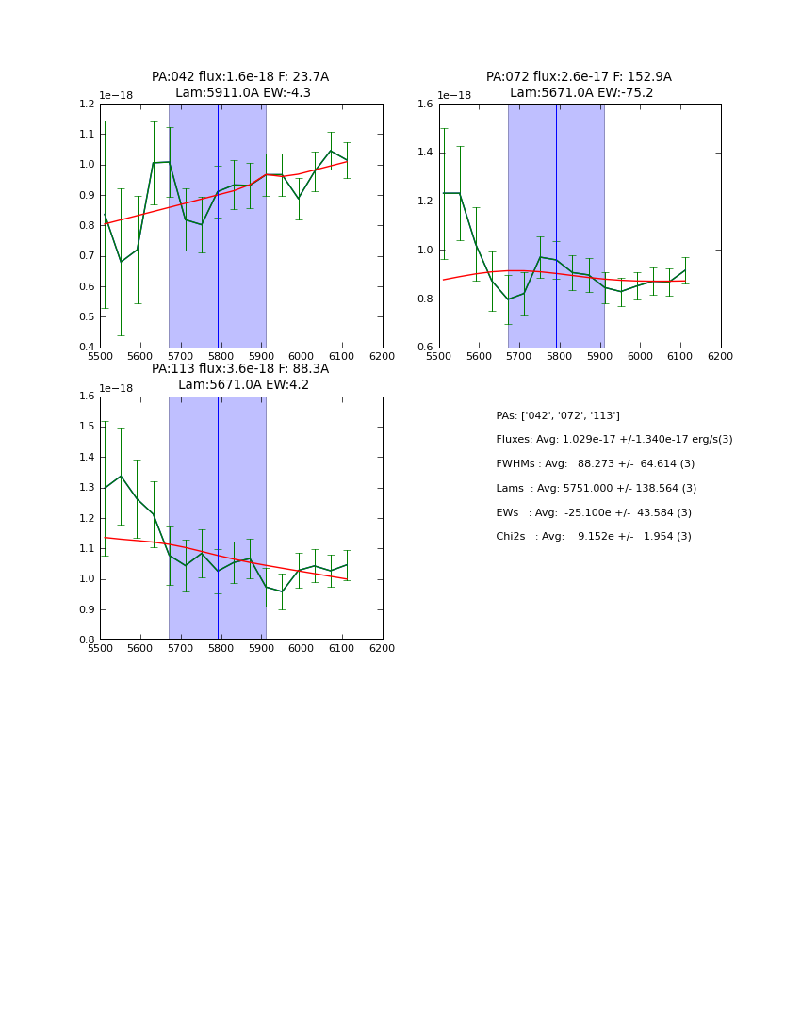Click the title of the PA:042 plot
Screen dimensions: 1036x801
(240, 85)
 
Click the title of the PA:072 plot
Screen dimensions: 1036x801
(579, 85)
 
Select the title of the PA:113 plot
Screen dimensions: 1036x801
(240, 377)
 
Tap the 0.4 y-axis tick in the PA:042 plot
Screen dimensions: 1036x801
(87, 348)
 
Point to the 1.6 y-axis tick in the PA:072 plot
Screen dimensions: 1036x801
(426, 105)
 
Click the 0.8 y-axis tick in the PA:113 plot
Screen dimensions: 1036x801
(87, 640)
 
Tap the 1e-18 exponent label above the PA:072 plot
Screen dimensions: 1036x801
(453, 95)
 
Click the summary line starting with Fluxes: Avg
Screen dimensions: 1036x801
(613, 440)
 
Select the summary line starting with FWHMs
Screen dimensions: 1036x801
(595, 464)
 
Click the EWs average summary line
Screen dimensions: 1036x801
(593, 512)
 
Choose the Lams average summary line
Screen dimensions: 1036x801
(596, 489)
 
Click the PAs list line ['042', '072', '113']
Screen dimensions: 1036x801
(557, 416)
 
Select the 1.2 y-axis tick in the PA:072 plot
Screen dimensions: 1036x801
(426, 202)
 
